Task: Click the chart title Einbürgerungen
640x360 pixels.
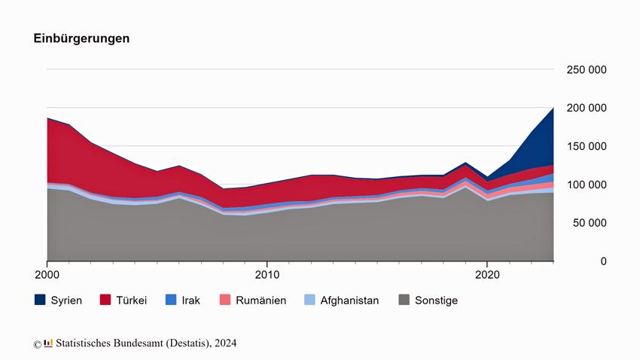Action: (81, 38)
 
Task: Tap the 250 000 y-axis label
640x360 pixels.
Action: (586, 69)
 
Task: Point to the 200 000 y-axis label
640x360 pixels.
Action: (586, 108)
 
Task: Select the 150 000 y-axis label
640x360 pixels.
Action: (586, 146)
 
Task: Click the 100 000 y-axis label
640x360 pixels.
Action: (586, 185)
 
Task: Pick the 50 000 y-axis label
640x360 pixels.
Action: (589, 223)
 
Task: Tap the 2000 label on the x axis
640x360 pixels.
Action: (47, 275)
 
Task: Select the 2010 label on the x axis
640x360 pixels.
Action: (267, 275)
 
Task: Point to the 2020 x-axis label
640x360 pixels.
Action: (486, 275)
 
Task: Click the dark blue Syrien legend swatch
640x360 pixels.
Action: (40, 301)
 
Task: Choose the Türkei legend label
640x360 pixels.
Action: (131, 301)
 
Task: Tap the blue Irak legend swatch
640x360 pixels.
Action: (170, 301)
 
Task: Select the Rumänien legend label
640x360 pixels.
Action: (261, 301)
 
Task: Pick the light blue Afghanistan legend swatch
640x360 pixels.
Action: (309, 301)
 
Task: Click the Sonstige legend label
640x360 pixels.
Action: (436, 301)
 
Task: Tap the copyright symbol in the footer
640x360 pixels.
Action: (37, 344)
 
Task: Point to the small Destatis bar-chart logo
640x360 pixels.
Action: (48, 343)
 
